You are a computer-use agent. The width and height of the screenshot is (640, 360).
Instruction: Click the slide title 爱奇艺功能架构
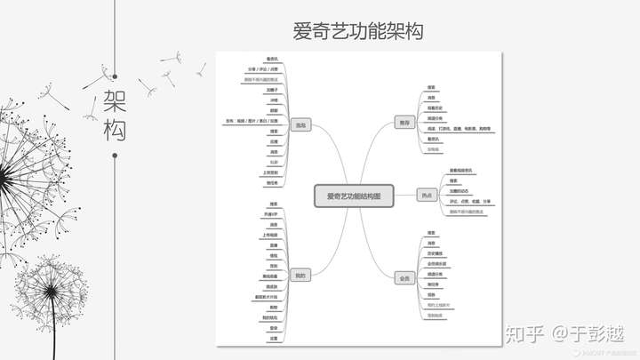[x=358, y=30]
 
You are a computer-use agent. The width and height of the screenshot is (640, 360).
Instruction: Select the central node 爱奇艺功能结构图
[x=353, y=196]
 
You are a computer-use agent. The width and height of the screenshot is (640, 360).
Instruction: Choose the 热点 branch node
[x=426, y=194]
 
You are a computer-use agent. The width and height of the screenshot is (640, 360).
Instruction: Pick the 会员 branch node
[x=404, y=278]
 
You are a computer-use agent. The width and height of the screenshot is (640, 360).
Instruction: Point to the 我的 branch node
[x=300, y=276]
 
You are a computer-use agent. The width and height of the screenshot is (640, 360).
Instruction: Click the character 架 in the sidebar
[x=115, y=98]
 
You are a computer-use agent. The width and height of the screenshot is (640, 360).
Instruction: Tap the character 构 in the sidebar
[x=115, y=129]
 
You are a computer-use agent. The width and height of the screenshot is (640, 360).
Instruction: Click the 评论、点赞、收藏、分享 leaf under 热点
[x=471, y=202]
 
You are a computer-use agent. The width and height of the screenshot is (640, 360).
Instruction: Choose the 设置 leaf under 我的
[x=273, y=338]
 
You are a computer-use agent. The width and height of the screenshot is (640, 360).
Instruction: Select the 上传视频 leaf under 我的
[x=269, y=236]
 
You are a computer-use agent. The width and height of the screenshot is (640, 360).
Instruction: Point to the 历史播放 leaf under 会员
[x=435, y=253]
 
